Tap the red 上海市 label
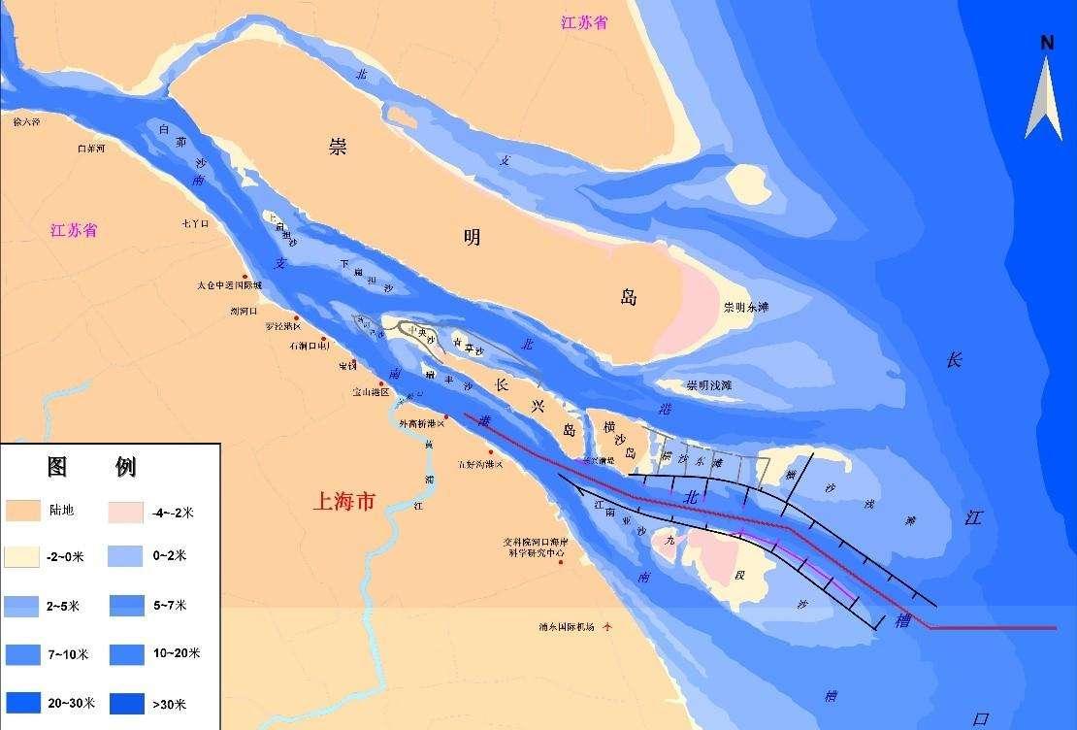[x=344, y=501]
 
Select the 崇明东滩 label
[x=746, y=308]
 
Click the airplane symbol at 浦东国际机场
[x=608, y=626]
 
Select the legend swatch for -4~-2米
[x=129, y=510]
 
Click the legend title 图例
[x=91, y=467]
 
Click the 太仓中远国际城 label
[x=229, y=286]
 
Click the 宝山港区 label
[x=370, y=392]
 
